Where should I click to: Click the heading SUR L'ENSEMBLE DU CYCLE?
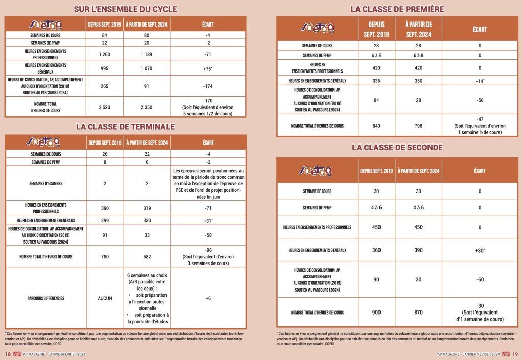point(125,9)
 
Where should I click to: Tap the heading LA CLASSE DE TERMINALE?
point(125,126)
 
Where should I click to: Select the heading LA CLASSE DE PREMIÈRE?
point(397,9)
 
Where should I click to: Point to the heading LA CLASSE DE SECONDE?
point(397,147)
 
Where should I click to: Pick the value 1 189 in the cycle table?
point(147,54)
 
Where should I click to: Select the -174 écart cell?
point(208,86)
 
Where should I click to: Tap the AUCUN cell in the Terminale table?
point(104,298)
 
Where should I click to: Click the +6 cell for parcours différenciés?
point(208,298)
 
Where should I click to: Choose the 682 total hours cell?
point(147,257)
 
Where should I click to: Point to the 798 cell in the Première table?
point(419,126)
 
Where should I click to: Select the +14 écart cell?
point(480,81)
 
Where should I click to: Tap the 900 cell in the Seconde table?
point(376,312)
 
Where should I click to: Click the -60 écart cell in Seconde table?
point(480,279)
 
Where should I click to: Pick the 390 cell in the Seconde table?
point(418,250)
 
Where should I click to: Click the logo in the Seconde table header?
point(317,170)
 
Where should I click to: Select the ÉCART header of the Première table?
point(480,29)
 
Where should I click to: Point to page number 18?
point(8,354)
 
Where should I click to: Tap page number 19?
point(515,354)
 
